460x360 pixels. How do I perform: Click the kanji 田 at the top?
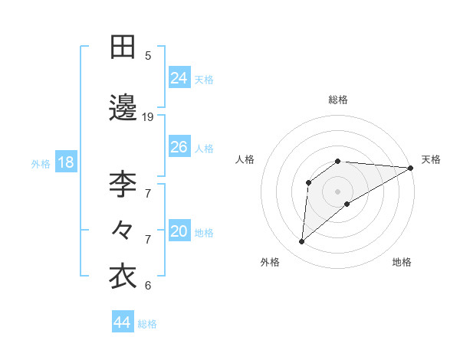point(123,47)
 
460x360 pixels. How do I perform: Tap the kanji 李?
point(123,184)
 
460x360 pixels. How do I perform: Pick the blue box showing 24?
point(179,78)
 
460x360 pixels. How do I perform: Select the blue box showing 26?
point(179,147)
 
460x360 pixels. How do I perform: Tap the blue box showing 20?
point(179,231)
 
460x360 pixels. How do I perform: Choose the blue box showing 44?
point(123,322)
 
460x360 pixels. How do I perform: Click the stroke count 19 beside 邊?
point(148,117)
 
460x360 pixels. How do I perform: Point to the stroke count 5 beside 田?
point(148,55)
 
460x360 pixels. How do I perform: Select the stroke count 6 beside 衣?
point(148,286)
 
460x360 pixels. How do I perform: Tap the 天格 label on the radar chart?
point(431,159)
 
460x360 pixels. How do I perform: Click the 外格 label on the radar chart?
point(270,262)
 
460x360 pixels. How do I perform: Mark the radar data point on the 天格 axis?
point(411,168)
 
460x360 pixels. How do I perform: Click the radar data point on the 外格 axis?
point(302,242)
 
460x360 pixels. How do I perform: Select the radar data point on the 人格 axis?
point(309,182)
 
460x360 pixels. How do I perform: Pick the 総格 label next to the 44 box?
point(147,324)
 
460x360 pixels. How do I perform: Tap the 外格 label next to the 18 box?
point(40,163)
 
